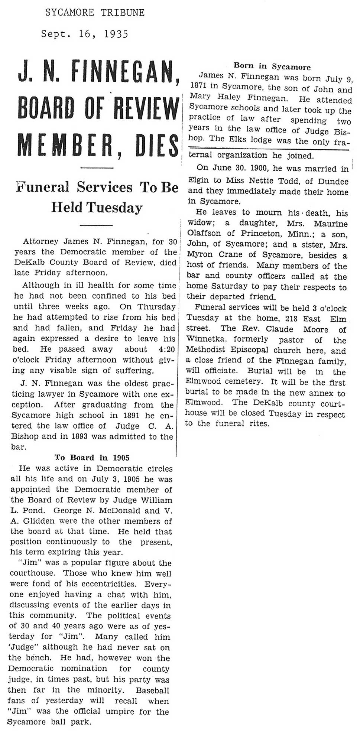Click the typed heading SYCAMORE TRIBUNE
95,13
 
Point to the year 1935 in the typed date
116,34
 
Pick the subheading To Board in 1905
92,458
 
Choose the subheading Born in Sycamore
272,66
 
